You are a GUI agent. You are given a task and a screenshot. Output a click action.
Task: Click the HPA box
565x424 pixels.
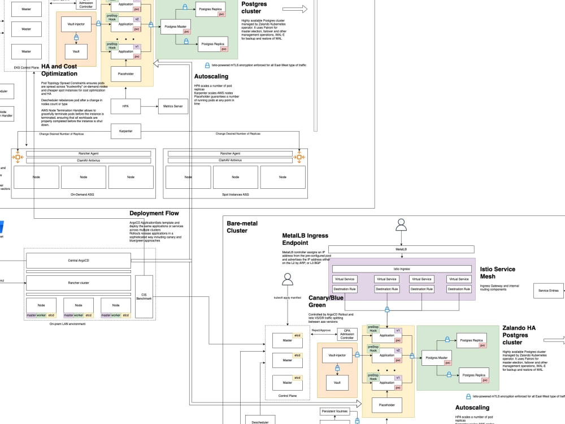tap(125, 106)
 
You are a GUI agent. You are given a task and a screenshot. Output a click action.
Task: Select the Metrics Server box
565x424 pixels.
tap(173, 106)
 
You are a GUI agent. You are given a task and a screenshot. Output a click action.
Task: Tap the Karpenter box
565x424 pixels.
tap(125, 131)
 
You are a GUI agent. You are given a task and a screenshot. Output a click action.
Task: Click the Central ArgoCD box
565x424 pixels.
tap(79, 261)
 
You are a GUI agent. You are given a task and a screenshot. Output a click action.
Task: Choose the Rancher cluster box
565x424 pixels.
tap(79, 283)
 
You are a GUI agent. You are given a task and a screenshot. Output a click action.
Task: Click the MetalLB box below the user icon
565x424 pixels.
tap(401, 249)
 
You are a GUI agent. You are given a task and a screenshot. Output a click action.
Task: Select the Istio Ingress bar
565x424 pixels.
tap(401, 269)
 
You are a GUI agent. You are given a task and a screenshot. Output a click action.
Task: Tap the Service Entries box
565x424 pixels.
tap(548, 291)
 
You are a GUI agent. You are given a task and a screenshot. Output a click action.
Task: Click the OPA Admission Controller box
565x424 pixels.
tap(347, 334)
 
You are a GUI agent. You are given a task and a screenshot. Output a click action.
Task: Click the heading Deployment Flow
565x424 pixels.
tap(154, 213)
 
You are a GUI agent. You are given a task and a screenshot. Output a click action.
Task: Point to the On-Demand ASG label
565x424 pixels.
tap(83, 194)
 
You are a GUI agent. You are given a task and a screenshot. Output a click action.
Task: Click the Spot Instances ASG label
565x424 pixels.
tap(235, 194)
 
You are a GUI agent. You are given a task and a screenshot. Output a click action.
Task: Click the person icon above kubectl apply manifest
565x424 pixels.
tap(288, 279)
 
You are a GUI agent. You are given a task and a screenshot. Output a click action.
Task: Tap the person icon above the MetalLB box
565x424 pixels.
tap(401, 226)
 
